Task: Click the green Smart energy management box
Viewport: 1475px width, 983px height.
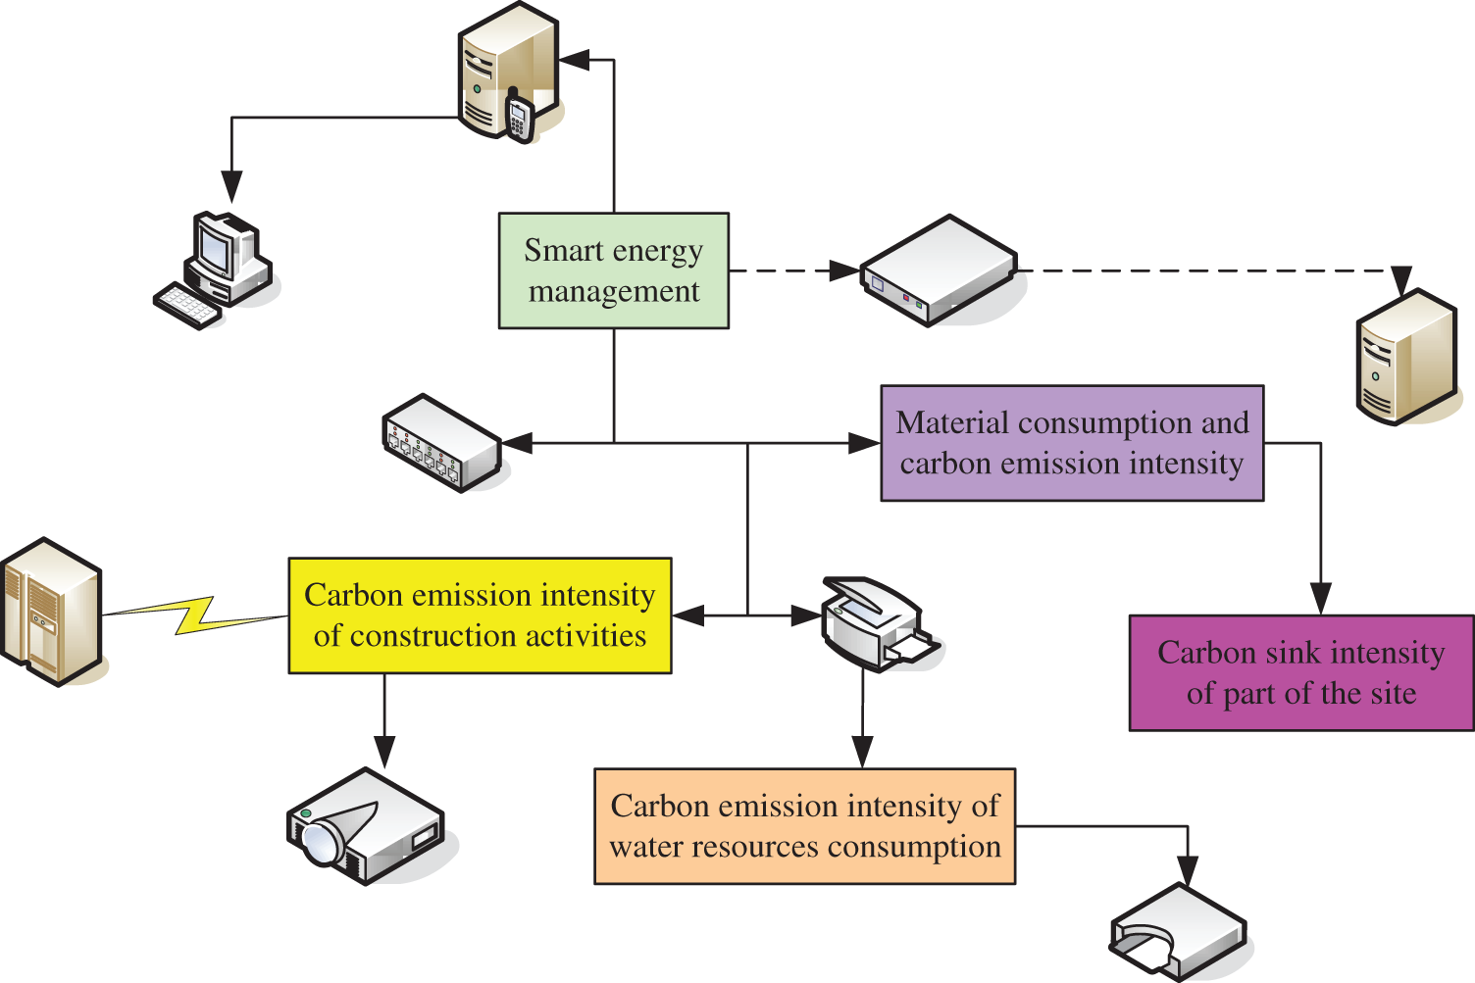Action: pyautogui.click(x=613, y=270)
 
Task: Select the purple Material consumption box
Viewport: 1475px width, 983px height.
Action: pyautogui.click(x=1072, y=443)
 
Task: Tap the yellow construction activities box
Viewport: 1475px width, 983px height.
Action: pyautogui.click(x=480, y=615)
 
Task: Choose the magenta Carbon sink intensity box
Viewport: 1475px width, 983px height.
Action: pyautogui.click(x=1300, y=673)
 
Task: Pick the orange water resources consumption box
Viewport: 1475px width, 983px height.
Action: pyautogui.click(x=804, y=826)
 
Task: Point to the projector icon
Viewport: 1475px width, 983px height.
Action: pyautogui.click(x=365, y=825)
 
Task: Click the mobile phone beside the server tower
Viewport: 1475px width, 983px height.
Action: pyautogui.click(x=518, y=117)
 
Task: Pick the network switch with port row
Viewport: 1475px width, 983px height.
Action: pyautogui.click(x=441, y=442)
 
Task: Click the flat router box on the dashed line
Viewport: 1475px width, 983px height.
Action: pyautogui.click(x=938, y=270)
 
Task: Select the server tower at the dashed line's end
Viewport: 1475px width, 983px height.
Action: pyautogui.click(x=1405, y=357)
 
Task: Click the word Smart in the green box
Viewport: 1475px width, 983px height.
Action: pyautogui.click(x=562, y=251)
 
